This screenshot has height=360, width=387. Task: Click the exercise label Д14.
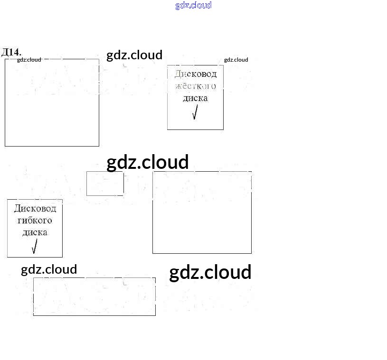click(x=11, y=52)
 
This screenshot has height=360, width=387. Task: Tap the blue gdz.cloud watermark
click(x=193, y=5)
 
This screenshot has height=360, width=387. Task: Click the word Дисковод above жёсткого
click(x=195, y=74)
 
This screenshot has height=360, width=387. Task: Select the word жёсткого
click(x=195, y=86)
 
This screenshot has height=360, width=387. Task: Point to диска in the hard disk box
click(x=195, y=98)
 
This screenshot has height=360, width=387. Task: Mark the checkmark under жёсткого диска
click(x=195, y=112)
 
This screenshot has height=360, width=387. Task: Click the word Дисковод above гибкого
click(x=35, y=208)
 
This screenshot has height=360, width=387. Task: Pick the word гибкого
click(x=35, y=221)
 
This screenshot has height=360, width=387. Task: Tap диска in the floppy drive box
click(x=35, y=232)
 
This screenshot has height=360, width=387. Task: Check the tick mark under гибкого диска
click(x=34, y=247)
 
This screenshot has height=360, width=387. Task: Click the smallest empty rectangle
click(x=105, y=184)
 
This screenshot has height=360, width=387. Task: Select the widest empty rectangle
click(x=94, y=296)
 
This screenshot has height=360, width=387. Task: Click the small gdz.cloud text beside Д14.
click(x=29, y=60)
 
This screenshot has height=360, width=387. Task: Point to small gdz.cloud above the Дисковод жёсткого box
click(x=236, y=60)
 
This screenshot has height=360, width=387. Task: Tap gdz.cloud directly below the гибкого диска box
click(x=49, y=269)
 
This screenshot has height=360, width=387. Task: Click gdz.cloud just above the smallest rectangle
click(x=147, y=162)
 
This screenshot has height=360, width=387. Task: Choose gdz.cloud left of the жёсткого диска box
click(x=134, y=55)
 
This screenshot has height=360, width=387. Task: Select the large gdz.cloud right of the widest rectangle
click(x=210, y=272)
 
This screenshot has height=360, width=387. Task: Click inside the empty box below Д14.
click(x=52, y=102)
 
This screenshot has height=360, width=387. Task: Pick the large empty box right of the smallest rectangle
click(x=202, y=212)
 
